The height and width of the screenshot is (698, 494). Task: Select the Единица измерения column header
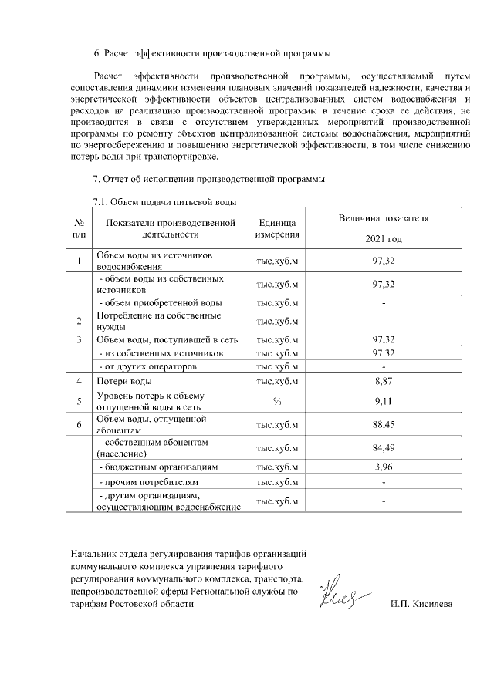[x=277, y=228]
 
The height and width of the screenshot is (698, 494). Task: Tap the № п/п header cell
[x=80, y=228]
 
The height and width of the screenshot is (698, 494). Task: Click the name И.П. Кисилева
[x=421, y=604]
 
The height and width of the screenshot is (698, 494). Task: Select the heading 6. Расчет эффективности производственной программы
[x=212, y=54]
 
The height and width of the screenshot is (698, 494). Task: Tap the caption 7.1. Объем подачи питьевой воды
[x=164, y=202]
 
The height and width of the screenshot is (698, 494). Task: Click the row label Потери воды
[x=123, y=381]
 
